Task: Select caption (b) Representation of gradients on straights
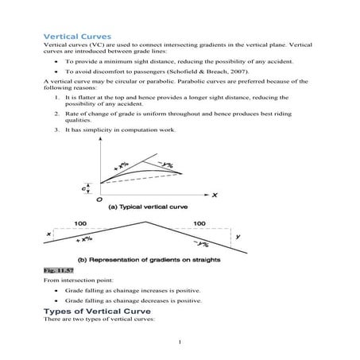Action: tap(153, 260)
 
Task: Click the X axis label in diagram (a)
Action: tap(215, 194)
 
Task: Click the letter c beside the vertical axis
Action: tap(83, 188)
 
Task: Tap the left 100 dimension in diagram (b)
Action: tap(80, 223)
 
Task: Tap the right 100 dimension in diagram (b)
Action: tap(199, 223)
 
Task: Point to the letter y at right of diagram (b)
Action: tap(238, 236)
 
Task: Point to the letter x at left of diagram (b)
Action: tap(49, 234)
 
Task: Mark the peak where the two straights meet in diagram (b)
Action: tap(145, 220)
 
